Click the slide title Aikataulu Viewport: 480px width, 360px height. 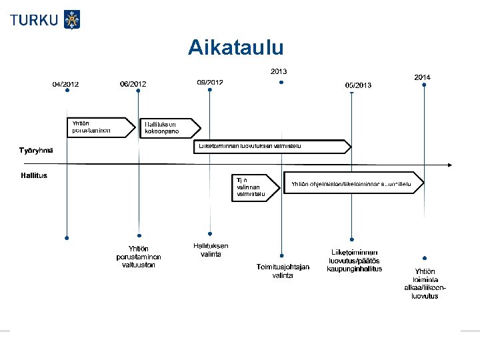point(235,47)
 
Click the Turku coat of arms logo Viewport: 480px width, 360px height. point(71,19)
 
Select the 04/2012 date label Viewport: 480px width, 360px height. point(66,84)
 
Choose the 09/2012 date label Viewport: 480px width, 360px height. point(210,82)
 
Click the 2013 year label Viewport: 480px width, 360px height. point(279,71)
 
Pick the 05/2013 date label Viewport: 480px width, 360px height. point(358,85)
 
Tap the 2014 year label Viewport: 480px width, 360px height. point(423,77)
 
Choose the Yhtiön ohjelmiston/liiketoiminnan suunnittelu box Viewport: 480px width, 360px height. point(354,183)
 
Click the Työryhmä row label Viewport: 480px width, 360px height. point(37,149)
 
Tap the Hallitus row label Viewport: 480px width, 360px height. point(35,176)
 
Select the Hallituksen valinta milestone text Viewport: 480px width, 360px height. point(211,249)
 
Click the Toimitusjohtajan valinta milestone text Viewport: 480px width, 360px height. point(283,271)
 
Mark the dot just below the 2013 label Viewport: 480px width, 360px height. point(281,83)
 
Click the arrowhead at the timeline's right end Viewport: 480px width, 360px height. point(451,164)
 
